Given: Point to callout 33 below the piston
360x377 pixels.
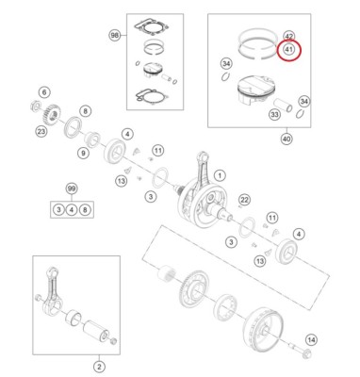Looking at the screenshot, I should [x=274, y=115].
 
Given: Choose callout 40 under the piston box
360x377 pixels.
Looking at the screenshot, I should [x=286, y=138].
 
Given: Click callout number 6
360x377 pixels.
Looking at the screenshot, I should [x=43, y=91].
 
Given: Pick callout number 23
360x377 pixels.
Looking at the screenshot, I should [x=41, y=132].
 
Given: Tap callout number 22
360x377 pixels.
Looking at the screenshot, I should [x=243, y=199].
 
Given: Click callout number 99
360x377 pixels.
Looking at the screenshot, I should [x=71, y=188].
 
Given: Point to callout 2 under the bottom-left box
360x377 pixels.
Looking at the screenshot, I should [x=99, y=365].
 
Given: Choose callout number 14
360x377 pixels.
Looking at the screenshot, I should [x=312, y=340].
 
